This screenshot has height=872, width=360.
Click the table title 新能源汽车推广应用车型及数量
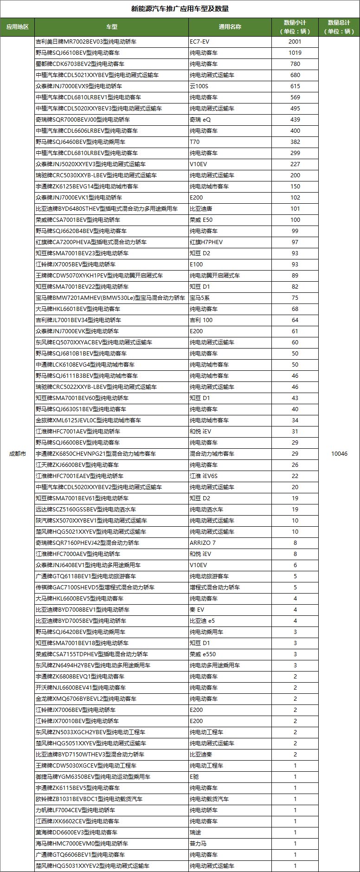(180, 9)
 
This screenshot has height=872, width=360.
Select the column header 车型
(111, 26)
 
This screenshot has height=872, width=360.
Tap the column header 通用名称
(230, 26)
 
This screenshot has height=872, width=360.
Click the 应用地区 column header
(17, 26)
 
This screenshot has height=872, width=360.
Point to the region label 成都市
(17, 453)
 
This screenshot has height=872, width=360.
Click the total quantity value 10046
(339, 453)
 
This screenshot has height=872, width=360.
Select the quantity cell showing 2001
(295, 41)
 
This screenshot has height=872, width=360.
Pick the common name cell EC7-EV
(200, 41)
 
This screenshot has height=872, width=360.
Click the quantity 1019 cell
(295, 52)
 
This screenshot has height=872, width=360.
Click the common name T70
(195, 142)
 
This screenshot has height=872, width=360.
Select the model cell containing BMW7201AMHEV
(110, 297)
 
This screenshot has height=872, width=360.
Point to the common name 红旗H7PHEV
(206, 242)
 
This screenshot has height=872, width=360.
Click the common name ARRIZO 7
(203, 543)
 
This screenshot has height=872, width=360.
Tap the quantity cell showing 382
(295, 142)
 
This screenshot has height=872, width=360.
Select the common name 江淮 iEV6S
(204, 476)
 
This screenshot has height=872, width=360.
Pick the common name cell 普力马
(198, 843)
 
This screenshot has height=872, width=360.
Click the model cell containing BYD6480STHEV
(107, 208)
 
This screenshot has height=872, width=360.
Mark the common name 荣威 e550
(203, 654)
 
